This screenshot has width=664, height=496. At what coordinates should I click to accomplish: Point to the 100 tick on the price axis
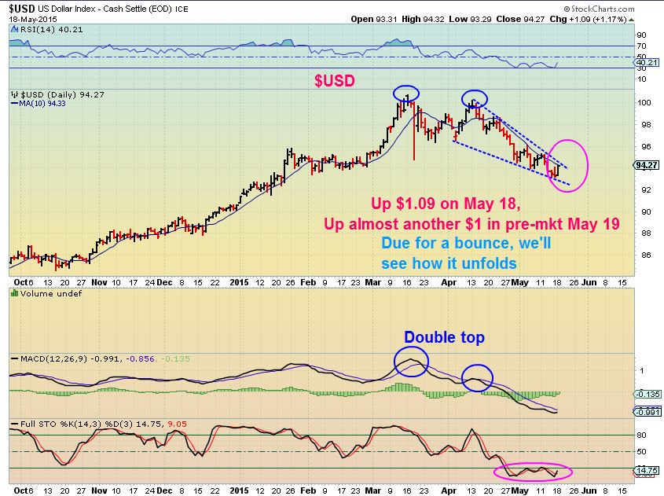(x=641, y=102)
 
